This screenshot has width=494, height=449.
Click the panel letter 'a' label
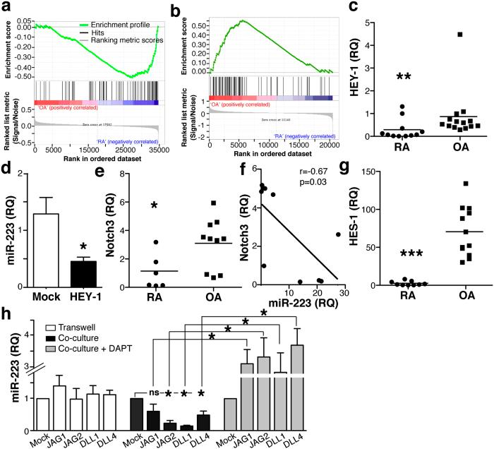point(6,6)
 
